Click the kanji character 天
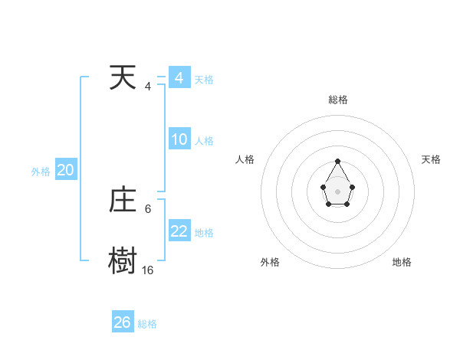[x=123, y=78]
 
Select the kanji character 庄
[x=123, y=201]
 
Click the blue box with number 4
[x=179, y=78]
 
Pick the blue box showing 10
[x=179, y=139]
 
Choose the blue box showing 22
[x=179, y=231]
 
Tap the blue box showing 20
[x=66, y=171]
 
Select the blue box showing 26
[x=123, y=322]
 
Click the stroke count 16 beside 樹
[x=147, y=270]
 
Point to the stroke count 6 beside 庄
[x=148, y=208]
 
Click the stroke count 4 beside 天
[x=148, y=87]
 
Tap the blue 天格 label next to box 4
[x=204, y=80]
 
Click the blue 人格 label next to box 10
[x=204, y=141]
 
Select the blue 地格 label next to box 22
[x=204, y=233]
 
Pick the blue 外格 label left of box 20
[x=41, y=172]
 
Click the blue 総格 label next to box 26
[x=147, y=324]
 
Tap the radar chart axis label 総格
[x=337, y=100]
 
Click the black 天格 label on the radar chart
[x=432, y=159]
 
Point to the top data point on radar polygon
[x=337, y=162]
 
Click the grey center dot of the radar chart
[x=337, y=191]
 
